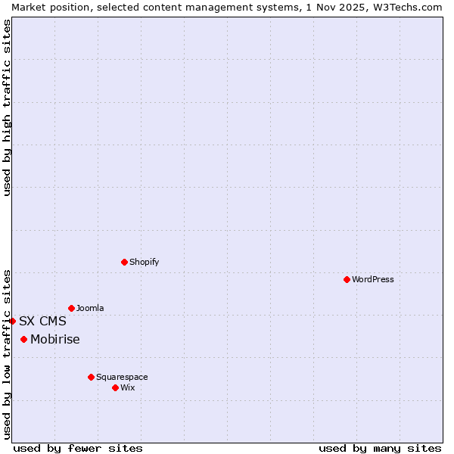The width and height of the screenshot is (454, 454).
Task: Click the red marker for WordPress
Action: point(347,279)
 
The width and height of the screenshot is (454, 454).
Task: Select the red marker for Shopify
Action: point(124,262)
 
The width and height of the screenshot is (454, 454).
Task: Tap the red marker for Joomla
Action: point(71,308)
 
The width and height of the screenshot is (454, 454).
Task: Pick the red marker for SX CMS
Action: point(12,321)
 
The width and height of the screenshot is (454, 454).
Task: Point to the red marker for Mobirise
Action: point(23,339)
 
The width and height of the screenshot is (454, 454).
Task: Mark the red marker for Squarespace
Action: point(91,377)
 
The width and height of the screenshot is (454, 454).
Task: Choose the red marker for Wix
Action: point(115,387)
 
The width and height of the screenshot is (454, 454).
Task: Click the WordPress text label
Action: point(373,279)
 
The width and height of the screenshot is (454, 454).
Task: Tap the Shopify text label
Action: point(144,262)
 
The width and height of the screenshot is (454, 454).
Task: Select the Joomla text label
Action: point(90,308)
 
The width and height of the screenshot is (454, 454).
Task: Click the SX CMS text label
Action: point(42,321)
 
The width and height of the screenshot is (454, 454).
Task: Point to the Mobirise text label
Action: point(55,339)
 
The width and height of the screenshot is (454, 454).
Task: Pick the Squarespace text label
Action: point(122,377)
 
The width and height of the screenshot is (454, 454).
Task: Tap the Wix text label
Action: point(127,387)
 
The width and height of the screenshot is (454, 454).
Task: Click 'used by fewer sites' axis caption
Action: point(78,448)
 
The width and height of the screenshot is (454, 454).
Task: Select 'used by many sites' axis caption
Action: point(380,448)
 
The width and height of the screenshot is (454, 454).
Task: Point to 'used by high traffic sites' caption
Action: point(7,107)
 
